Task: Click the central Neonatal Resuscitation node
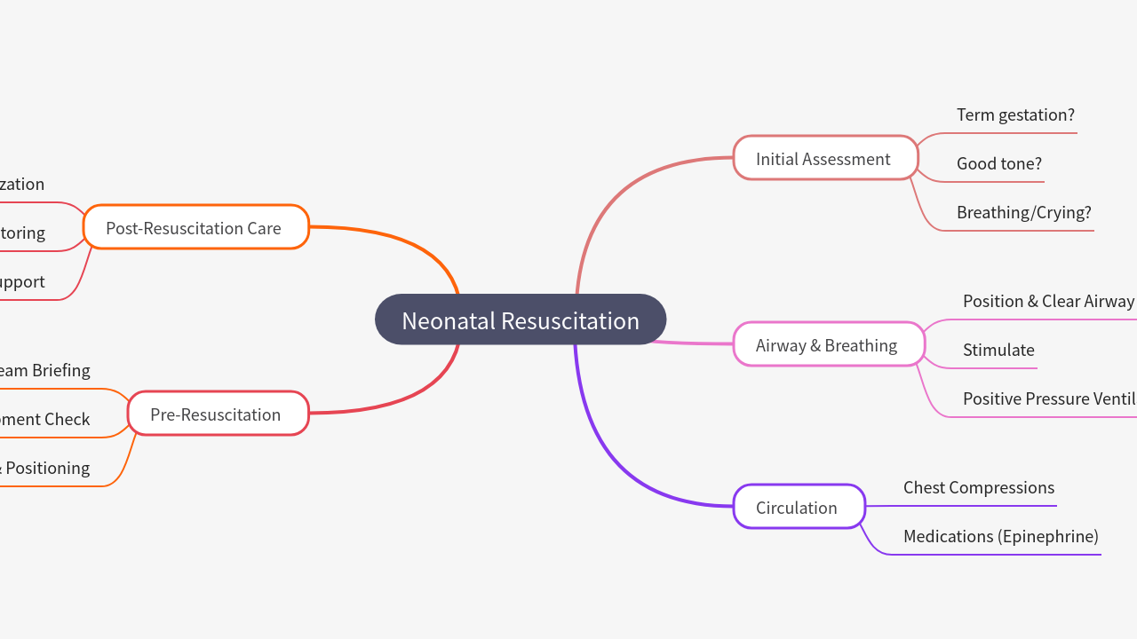click(521, 319)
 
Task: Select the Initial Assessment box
click(825, 158)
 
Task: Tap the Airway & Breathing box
click(828, 344)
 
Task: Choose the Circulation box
click(799, 507)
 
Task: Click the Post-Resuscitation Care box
click(195, 227)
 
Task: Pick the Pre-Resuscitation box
click(218, 414)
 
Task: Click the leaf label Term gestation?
click(1015, 114)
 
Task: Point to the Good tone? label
click(999, 163)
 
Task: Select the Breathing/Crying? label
click(1023, 212)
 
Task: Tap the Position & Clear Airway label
click(1048, 301)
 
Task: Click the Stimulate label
click(998, 350)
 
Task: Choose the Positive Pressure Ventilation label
click(1049, 398)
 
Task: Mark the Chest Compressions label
click(979, 487)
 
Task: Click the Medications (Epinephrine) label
click(1000, 536)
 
